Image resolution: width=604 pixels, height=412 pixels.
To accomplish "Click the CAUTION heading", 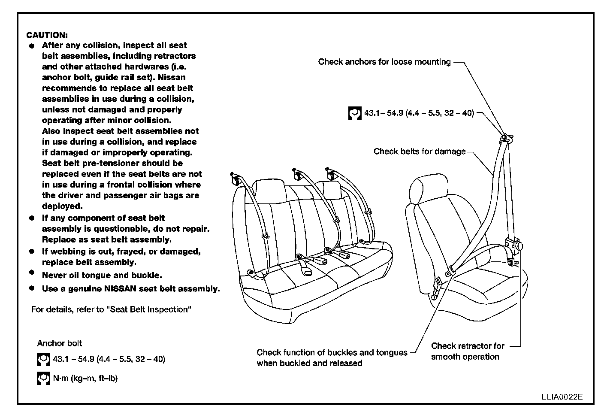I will (47, 35).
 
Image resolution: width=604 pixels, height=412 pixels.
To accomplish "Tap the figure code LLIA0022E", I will (562, 397).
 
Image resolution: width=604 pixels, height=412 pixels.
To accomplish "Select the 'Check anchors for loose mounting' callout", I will (384, 62).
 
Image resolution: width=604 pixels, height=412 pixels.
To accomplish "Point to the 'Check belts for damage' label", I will (419, 151).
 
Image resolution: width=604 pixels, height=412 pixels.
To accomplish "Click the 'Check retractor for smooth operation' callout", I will (468, 351).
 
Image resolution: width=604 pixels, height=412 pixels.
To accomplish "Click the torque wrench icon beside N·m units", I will (42, 378).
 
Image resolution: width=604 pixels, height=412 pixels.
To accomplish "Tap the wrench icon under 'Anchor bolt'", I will (42, 359).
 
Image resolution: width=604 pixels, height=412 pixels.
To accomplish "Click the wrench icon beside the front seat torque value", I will (354, 114).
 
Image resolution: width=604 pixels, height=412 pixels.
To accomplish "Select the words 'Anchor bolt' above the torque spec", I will (59, 343).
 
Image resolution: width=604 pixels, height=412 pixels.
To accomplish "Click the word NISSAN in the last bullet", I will (120, 289).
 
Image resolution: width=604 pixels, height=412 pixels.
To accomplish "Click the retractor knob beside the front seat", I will (519, 246).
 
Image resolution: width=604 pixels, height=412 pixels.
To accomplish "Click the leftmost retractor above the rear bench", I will (235, 179).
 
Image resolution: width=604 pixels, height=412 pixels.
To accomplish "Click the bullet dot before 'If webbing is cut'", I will (32, 251).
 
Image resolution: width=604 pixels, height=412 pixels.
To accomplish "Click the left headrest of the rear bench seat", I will (269, 189).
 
